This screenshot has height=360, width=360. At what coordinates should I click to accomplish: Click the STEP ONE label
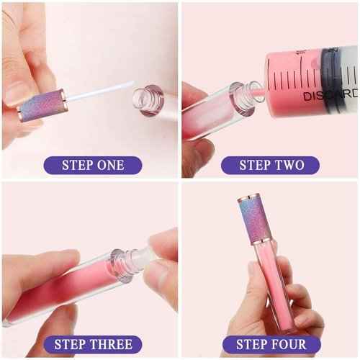(x=92, y=165)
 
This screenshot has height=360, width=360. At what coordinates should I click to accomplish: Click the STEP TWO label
(x=271, y=165)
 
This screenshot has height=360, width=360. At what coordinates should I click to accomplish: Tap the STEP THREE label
(x=92, y=344)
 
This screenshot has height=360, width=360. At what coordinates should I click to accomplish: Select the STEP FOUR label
(x=271, y=344)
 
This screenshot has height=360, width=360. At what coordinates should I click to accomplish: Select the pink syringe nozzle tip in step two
(x=256, y=90)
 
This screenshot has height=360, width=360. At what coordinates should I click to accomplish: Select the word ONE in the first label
(x=109, y=165)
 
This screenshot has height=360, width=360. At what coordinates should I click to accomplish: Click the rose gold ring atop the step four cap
(x=254, y=195)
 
